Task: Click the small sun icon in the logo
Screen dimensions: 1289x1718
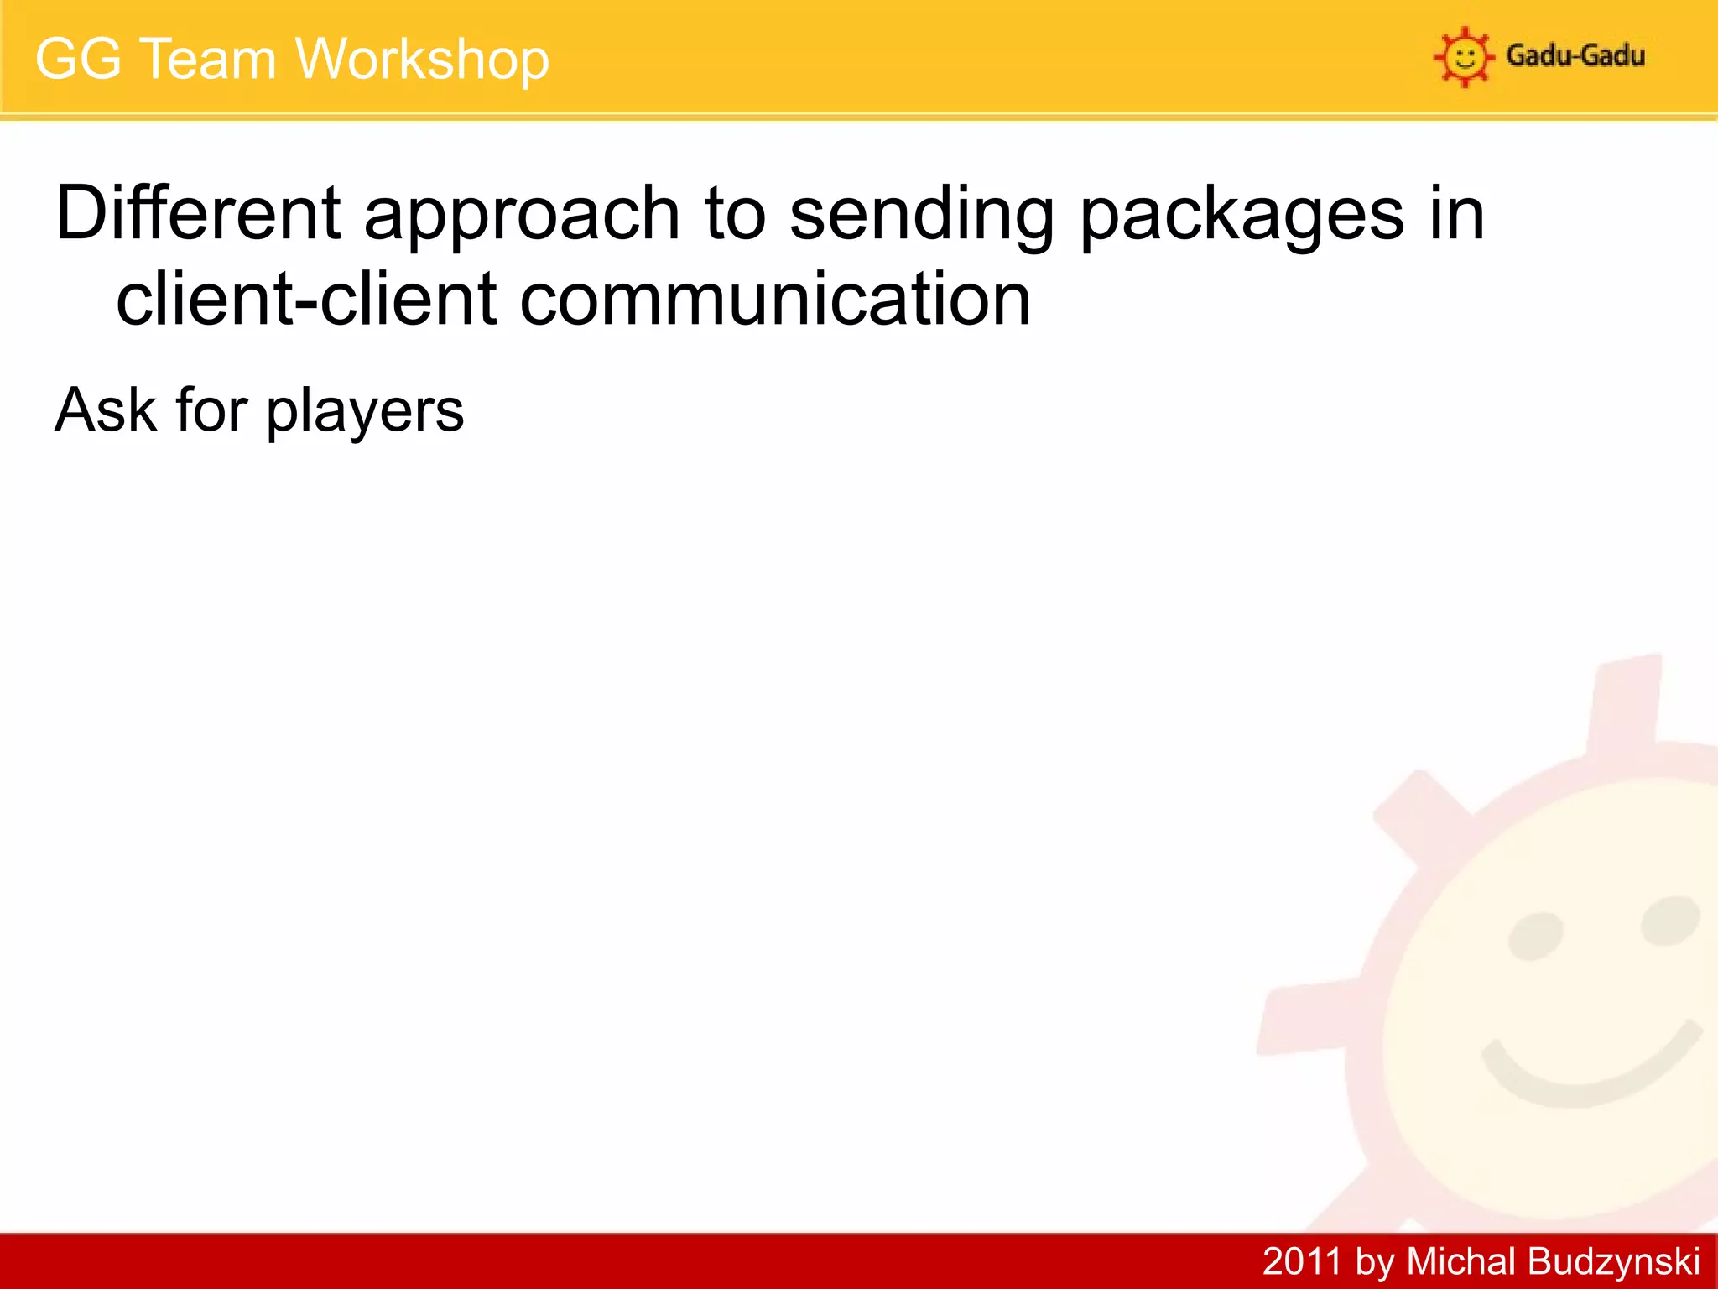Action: [1464, 57]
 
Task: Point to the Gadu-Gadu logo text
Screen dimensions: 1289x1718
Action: [1575, 55]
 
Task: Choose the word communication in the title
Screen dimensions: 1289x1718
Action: [775, 300]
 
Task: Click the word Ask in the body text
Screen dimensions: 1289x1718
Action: [106, 410]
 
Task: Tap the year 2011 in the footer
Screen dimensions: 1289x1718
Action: [1302, 1261]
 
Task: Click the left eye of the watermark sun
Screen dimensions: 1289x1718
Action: [1535, 936]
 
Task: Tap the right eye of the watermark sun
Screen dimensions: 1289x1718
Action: [1669, 920]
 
